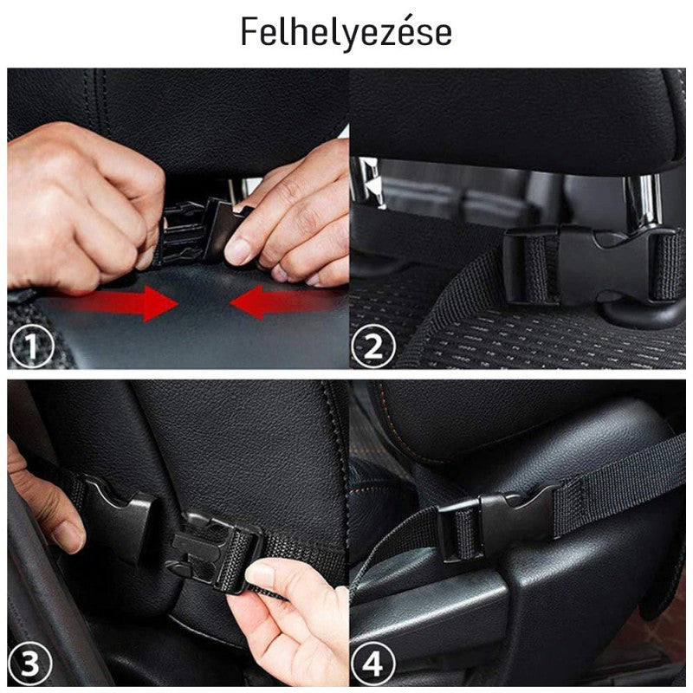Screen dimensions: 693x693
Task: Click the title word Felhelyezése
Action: pos(346,31)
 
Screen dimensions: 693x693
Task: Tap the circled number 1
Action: pos(31,346)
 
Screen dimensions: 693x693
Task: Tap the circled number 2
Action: pos(373,346)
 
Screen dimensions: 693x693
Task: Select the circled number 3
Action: pos(30,663)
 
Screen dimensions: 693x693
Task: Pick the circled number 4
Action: pos(373,663)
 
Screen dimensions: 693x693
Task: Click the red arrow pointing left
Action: pos(288,302)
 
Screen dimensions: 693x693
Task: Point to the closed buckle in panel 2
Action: pos(593,264)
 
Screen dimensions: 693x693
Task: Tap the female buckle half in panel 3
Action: pos(120,515)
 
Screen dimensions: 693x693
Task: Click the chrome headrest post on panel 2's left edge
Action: pos(366,181)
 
